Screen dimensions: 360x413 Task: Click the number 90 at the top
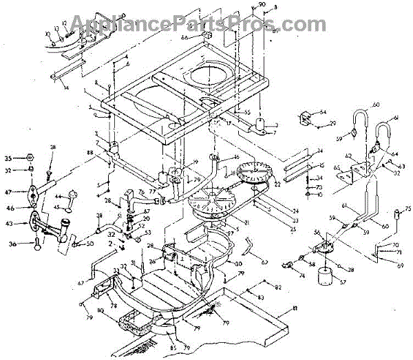262,6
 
